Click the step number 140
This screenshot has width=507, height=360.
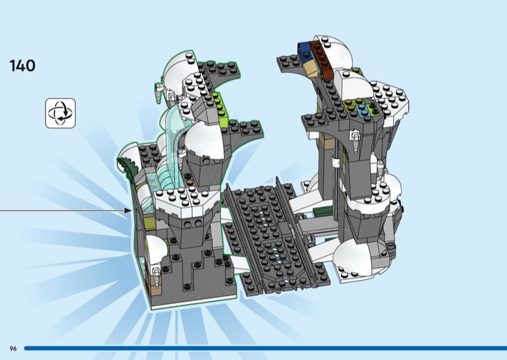tap(22, 66)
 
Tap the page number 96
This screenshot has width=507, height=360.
tap(13, 349)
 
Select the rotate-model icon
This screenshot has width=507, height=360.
tap(60, 113)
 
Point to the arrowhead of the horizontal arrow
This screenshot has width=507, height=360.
tap(128, 210)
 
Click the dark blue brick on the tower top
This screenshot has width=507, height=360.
tap(305, 52)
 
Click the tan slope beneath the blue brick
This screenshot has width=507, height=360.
tap(311, 69)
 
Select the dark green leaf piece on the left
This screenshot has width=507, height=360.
tap(129, 164)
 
